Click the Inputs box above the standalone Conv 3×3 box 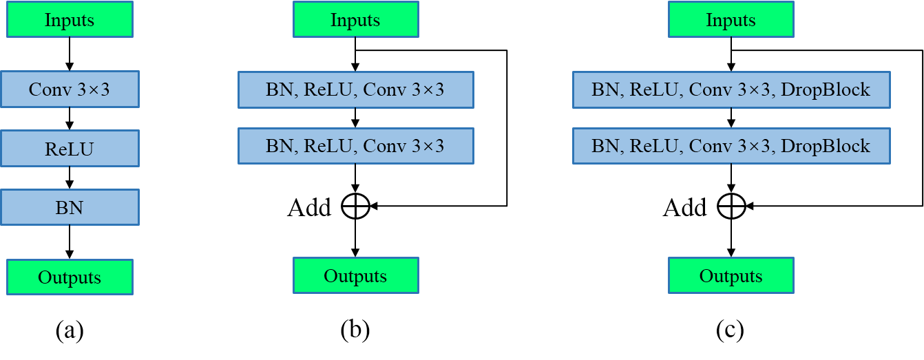pyautogui.click(x=70, y=20)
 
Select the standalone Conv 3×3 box pyautogui.click(x=70, y=89)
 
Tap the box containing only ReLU pyautogui.click(x=70, y=149)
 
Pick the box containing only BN pyautogui.click(x=70, y=207)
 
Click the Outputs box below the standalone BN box pyautogui.click(x=70, y=277)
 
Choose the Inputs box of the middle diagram pyautogui.click(x=355, y=20)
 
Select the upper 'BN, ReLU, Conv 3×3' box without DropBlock pyautogui.click(x=355, y=89)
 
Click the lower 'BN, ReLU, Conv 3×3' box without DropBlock pyautogui.click(x=355, y=146)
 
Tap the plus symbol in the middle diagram pyautogui.click(x=355, y=206)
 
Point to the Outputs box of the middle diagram pyautogui.click(x=355, y=276)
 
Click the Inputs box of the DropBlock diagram pyautogui.click(x=731, y=20)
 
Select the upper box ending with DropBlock pyautogui.click(x=731, y=89)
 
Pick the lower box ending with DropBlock pyautogui.click(x=731, y=146)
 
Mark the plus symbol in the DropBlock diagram pyautogui.click(x=731, y=206)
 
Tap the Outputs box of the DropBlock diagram pyautogui.click(x=731, y=276)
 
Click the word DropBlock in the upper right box pyautogui.click(x=826, y=89)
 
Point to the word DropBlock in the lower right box pyautogui.click(x=826, y=146)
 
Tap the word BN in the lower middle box pyautogui.click(x=279, y=146)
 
